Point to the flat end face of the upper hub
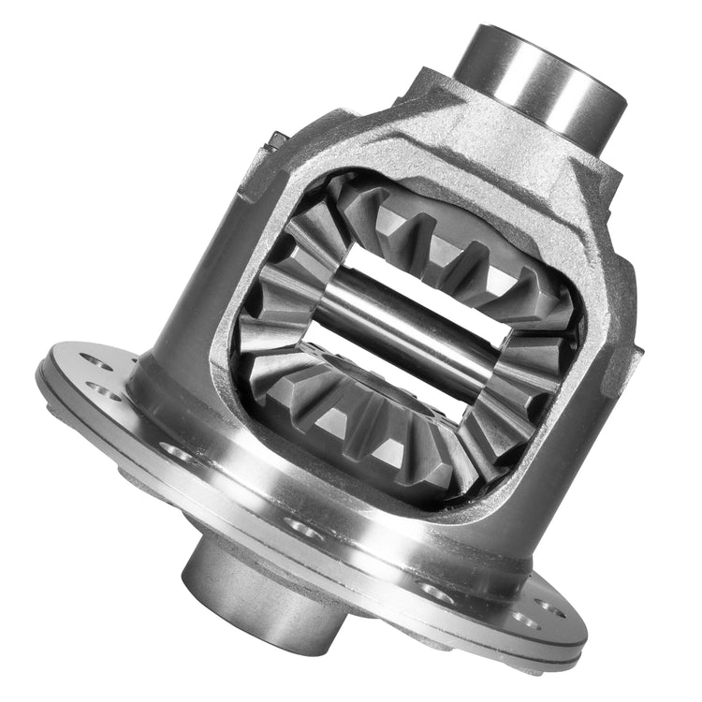pos(505,42)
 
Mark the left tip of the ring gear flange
pos(42,374)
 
